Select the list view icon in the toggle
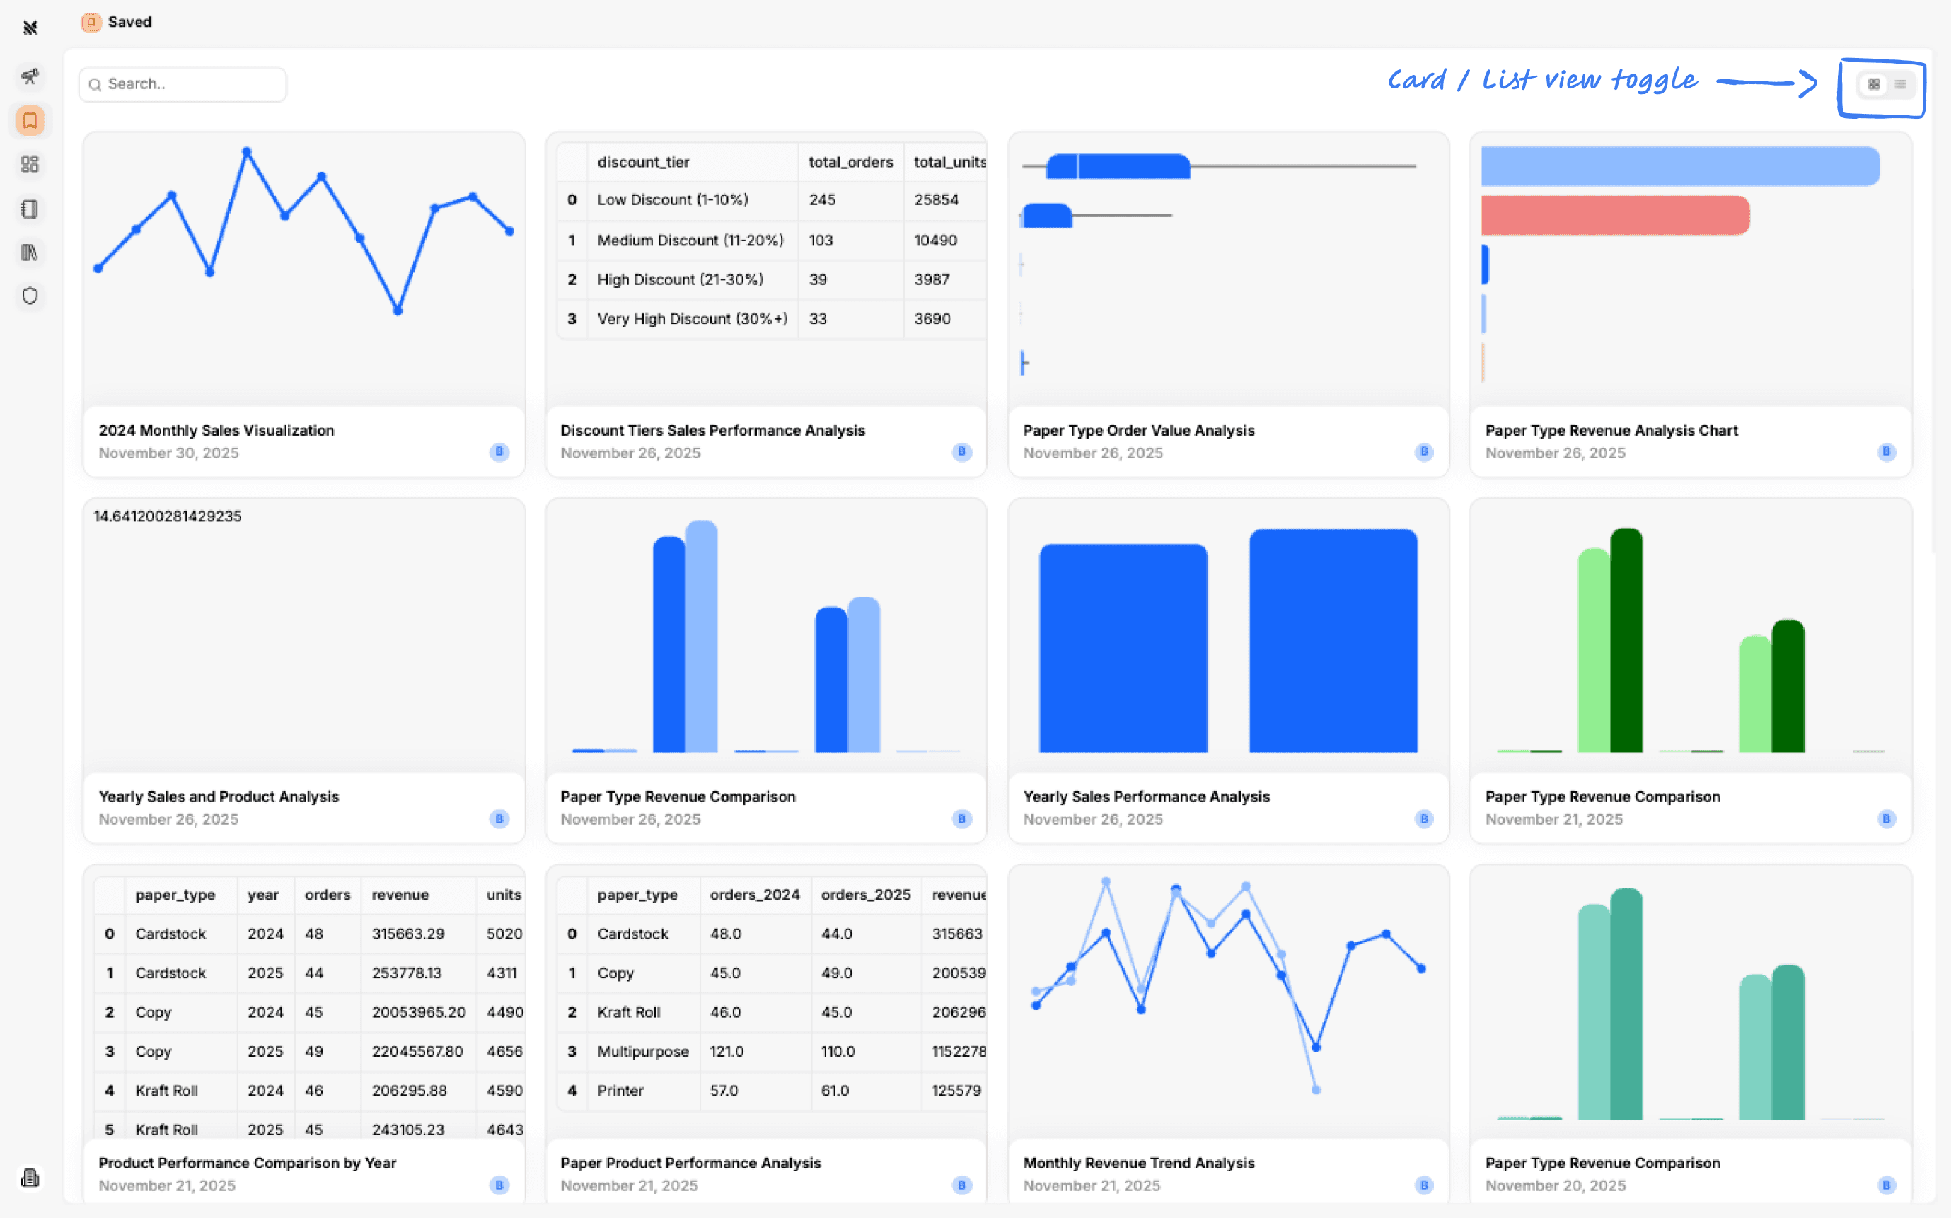[1899, 83]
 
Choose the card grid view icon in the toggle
[1874, 83]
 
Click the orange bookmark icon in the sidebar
[30, 121]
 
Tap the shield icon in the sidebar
[30, 296]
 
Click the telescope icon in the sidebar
[30, 76]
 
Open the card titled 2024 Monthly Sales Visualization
[216, 430]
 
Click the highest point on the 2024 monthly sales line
[246, 151]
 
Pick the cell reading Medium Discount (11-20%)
[690, 240]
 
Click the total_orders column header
[850, 162]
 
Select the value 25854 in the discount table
[935, 199]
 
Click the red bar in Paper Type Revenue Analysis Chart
[1614, 215]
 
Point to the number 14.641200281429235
[168, 516]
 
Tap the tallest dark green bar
[1626, 640]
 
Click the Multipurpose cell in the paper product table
[642, 1051]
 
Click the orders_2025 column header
[865, 895]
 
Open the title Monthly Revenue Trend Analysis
[1138, 1164]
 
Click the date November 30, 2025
[168, 453]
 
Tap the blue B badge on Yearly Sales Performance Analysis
[1423, 818]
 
